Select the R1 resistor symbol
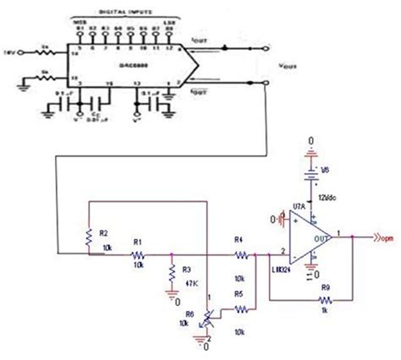point(137,251)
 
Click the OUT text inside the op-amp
point(316,239)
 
